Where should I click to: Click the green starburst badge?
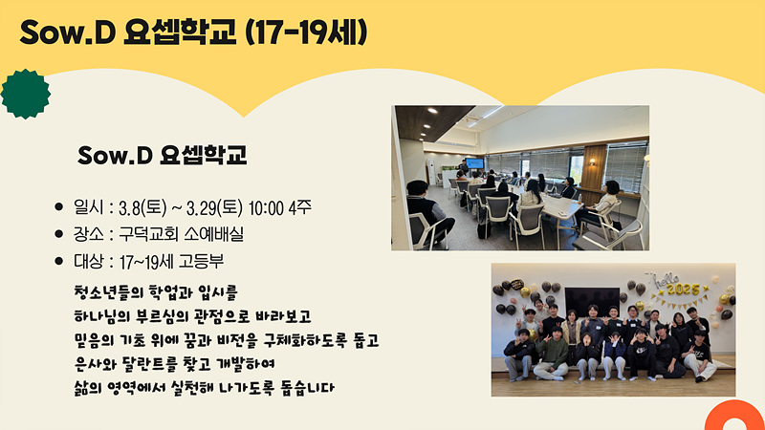pos(26,94)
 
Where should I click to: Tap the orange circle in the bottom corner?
pos(734,416)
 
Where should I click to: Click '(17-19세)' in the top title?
pos(306,32)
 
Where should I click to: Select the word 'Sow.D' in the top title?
pos(67,32)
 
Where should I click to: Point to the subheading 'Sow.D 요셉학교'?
pos(162,155)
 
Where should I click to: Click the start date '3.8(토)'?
pos(142,208)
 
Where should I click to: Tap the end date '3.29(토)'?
pos(214,208)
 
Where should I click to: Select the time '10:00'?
pos(266,208)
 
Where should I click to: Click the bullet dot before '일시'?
pos(59,207)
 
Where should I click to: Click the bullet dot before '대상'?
pos(59,261)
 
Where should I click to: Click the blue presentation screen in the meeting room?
pos(474,163)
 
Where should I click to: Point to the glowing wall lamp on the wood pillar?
pos(592,161)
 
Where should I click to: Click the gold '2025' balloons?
pos(683,290)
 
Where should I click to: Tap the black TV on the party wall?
pos(592,301)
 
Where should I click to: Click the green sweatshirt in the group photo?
pos(552,352)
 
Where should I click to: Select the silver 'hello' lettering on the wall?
pos(666,280)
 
